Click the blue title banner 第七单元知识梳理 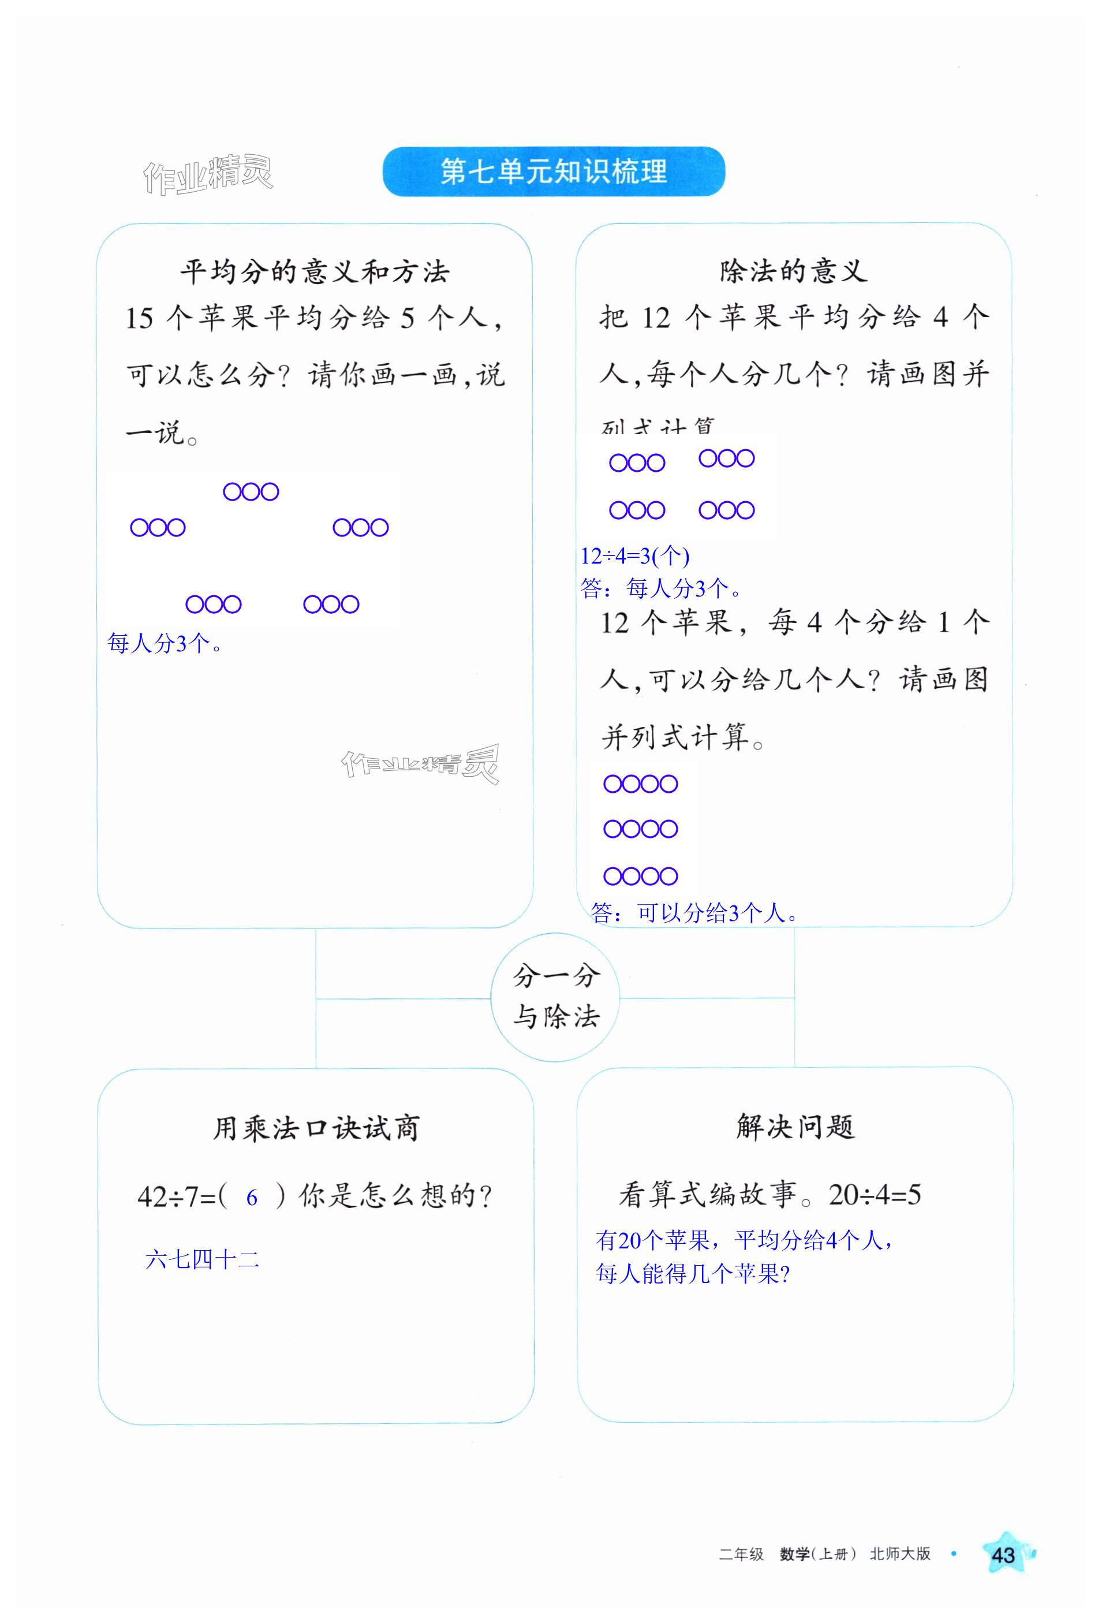click(554, 171)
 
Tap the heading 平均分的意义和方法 click(315, 271)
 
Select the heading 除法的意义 click(794, 271)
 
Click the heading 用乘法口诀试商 click(316, 1128)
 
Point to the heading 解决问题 click(795, 1127)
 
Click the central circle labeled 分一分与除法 click(555, 997)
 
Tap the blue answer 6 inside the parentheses click(252, 1198)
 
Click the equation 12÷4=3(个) click(635, 555)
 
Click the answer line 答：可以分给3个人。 click(694, 912)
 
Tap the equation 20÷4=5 click(875, 1195)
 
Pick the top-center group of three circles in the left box click(251, 492)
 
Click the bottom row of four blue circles click(640, 876)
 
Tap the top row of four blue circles click(640, 784)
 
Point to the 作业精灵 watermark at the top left click(207, 174)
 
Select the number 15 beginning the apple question click(139, 319)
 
